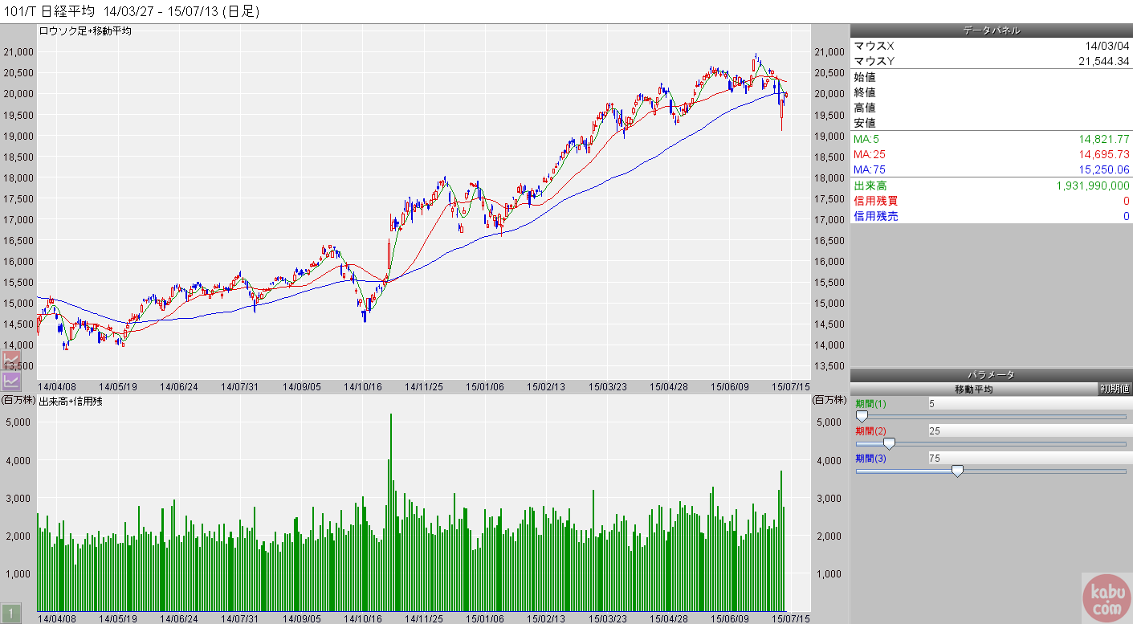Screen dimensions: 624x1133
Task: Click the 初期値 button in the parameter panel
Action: (1115, 389)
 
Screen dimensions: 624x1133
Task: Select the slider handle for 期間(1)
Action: (862, 417)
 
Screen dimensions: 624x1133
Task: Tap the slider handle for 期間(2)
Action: (889, 444)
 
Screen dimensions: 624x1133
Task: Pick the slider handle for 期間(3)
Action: (957, 471)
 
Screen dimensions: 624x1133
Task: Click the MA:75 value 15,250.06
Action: (1100, 169)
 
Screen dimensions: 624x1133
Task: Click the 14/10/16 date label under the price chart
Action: (362, 386)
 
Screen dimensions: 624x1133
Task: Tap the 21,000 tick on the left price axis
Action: (18, 51)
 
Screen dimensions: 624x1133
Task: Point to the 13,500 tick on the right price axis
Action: (829, 365)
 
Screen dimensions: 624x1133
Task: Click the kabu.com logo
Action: (1106, 597)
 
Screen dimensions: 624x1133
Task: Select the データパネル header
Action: (992, 31)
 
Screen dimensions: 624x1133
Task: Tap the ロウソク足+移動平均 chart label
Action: (85, 31)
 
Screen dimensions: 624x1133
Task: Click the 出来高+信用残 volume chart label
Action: (71, 400)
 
